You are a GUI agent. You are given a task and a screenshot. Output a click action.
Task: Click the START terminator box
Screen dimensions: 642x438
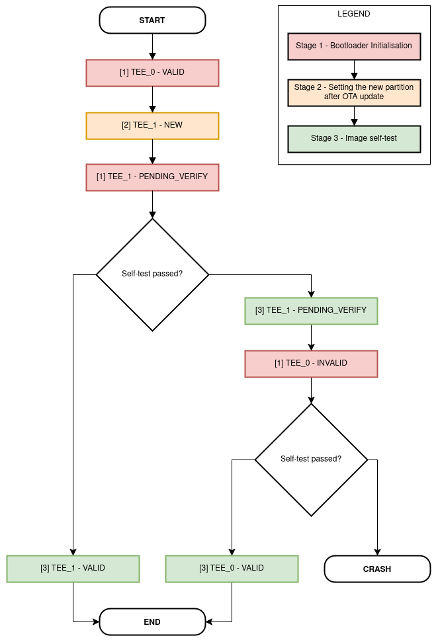click(x=152, y=20)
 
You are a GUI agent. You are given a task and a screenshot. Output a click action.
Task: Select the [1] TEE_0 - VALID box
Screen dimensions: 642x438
click(x=152, y=73)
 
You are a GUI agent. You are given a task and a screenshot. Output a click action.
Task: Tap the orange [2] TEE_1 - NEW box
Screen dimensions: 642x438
click(x=152, y=126)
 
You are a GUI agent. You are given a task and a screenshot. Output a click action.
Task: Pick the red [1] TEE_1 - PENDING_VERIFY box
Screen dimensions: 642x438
click(x=152, y=177)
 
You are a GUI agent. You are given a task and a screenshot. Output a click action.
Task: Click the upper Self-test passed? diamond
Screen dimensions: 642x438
click(x=152, y=274)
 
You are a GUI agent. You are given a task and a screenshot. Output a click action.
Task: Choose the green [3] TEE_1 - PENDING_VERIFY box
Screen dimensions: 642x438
click(x=311, y=310)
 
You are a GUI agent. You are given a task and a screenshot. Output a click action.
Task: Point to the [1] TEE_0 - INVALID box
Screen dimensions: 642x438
click(x=311, y=364)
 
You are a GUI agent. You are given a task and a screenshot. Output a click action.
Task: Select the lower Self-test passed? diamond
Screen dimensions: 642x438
click(x=311, y=459)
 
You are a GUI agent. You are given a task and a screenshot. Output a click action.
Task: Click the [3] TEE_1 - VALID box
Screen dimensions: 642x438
click(x=73, y=569)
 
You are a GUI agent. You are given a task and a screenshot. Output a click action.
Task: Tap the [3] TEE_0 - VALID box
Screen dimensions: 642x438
click(x=232, y=569)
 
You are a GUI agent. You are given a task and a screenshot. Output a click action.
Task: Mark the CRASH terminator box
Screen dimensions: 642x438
click(x=377, y=569)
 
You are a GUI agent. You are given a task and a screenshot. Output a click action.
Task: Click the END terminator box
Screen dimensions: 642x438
click(x=152, y=622)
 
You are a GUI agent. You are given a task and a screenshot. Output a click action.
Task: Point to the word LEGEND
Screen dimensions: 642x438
click(x=354, y=14)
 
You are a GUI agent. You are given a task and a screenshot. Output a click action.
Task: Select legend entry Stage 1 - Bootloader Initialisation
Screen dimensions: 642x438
click(x=354, y=46)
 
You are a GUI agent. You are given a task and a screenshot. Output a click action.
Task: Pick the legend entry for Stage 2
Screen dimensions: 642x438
click(x=354, y=93)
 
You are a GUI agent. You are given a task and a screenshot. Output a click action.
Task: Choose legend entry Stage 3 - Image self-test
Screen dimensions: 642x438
click(x=354, y=139)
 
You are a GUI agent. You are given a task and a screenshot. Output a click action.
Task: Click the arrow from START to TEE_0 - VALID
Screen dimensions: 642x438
click(x=152, y=46)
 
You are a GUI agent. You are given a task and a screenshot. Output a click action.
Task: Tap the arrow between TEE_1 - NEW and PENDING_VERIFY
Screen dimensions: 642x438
click(x=152, y=151)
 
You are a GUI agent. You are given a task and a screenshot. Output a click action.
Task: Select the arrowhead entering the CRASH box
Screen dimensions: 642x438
click(x=377, y=551)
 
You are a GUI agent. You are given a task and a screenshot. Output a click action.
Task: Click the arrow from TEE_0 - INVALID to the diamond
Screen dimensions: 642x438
click(x=311, y=390)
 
